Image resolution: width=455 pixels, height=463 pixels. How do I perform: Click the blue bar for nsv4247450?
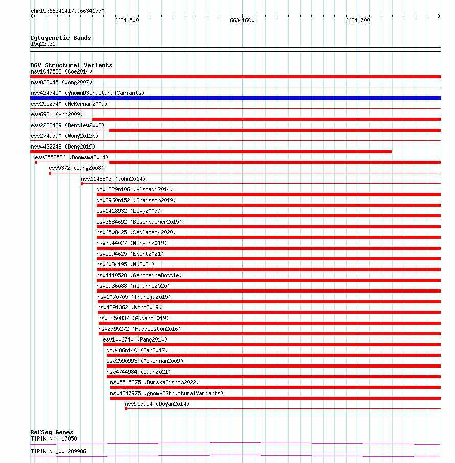235,98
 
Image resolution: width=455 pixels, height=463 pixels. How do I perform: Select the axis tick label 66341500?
126,21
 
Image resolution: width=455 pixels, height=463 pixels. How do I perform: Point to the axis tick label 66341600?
242,21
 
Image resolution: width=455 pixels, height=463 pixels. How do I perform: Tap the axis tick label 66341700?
357,21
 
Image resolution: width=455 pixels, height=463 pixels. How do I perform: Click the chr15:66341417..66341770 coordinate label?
67,10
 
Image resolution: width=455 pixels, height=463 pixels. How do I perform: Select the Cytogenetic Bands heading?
61,38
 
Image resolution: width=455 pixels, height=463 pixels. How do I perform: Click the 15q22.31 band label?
43,44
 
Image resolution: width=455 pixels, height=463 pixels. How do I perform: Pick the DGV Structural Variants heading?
72,65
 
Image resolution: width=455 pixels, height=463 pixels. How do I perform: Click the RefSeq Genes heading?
52,432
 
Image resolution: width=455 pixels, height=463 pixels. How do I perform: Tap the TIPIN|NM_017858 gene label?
54,438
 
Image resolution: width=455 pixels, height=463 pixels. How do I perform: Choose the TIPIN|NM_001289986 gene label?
58,451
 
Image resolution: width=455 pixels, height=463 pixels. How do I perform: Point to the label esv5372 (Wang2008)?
76,168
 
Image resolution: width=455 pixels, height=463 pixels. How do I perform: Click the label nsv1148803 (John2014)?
113,179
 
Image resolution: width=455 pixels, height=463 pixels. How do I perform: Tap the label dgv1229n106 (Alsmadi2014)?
134,189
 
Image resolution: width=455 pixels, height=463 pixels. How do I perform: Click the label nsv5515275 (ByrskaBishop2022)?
154,382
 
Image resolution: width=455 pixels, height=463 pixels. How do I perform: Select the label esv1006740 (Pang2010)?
135,339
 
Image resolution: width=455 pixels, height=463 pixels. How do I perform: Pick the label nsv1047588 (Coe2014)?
61,71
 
